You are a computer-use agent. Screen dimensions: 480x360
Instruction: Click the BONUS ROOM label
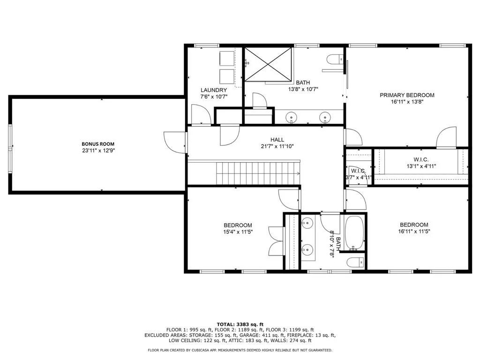click(98, 144)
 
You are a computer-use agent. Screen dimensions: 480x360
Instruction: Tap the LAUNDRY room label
click(214, 90)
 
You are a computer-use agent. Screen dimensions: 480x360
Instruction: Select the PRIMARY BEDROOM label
click(407, 95)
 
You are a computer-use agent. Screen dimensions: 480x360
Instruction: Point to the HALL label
click(277, 140)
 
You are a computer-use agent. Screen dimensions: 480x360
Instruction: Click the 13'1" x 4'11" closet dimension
click(421, 166)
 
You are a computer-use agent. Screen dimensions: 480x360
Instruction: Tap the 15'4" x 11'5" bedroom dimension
click(238, 232)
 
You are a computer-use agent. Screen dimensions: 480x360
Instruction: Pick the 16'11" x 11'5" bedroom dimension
click(414, 232)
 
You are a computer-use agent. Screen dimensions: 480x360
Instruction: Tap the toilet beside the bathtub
click(355, 262)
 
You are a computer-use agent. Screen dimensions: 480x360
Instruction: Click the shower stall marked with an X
click(268, 64)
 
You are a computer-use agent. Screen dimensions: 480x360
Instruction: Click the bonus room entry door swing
click(175, 142)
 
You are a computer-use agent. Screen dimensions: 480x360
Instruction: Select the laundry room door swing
click(201, 114)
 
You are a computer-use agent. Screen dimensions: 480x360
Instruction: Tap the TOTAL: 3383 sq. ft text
click(240, 324)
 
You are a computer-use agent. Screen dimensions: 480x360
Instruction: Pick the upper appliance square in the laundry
click(227, 59)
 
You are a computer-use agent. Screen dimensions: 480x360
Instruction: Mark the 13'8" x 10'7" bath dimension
click(303, 90)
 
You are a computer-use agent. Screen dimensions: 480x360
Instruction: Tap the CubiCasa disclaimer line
click(240, 350)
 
